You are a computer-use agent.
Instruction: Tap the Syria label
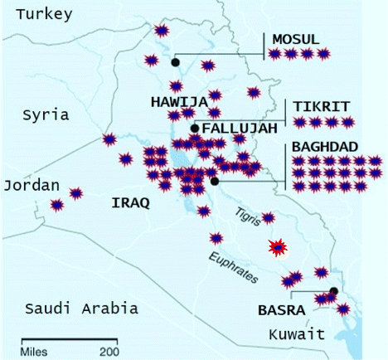click(46, 114)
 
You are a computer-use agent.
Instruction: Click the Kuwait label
click(296, 333)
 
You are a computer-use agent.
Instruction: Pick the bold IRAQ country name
click(130, 202)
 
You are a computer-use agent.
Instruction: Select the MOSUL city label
click(295, 39)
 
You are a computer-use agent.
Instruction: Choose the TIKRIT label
click(320, 105)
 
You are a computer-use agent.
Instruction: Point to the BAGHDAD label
click(325, 147)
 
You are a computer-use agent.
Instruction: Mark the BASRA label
click(281, 311)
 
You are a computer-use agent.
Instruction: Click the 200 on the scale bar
click(109, 351)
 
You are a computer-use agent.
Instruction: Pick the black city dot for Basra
click(333, 291)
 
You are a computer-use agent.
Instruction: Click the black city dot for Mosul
click(175, 62)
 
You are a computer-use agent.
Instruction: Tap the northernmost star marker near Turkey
click(162, 31)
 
